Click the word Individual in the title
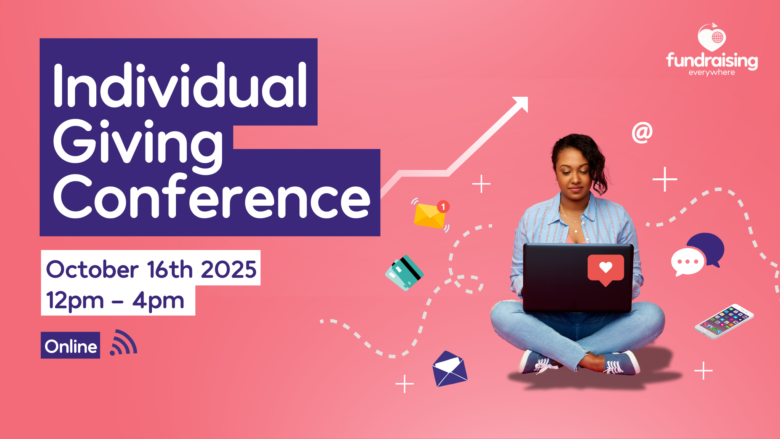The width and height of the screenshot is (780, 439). pos(180,85)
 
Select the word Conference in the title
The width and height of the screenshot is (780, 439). pos(212,196)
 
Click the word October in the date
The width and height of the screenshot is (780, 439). pos(92,269)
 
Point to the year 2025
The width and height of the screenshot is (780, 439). pos(229,269)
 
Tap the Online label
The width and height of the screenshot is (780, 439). pos(70,346)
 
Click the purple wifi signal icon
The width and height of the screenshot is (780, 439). pos(123,343)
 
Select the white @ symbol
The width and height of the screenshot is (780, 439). pos(642,133)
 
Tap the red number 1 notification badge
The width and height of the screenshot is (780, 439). pos(443,207)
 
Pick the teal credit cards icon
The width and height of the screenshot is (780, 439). pos(404,273)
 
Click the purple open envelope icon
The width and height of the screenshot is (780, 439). pos(450,369)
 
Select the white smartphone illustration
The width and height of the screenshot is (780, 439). pos(724,321)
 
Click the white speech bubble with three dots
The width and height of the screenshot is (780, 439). pos(687,262)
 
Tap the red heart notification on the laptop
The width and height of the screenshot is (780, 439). pos(606,270)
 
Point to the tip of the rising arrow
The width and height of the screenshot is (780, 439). pos(528,97)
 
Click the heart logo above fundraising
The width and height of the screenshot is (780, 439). pos(712,37)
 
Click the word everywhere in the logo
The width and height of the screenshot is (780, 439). pos(711,72)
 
